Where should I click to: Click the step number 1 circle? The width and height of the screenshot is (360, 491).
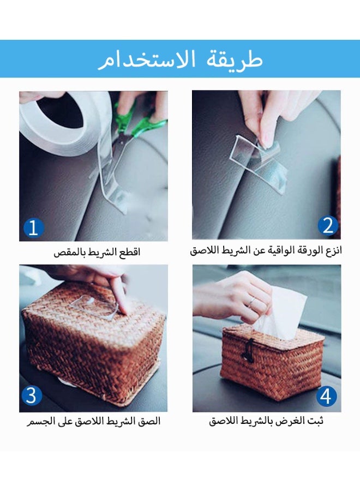click(33, 227)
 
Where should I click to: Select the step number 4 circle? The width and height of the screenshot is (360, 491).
click(326, 397)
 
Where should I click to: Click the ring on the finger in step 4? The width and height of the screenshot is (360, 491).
click(251, 301)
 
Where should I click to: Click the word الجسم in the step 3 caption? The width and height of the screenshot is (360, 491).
click(41, 422)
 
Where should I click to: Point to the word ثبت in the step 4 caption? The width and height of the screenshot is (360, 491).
click(314, 422)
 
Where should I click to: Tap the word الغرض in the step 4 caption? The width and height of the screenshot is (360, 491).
click(286, 422)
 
